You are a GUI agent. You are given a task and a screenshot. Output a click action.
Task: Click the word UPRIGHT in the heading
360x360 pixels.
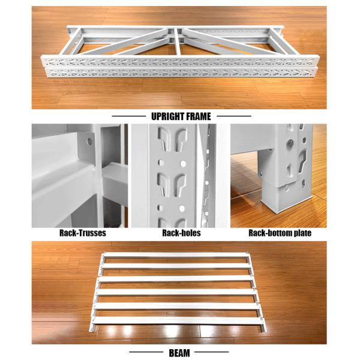coord(165,116)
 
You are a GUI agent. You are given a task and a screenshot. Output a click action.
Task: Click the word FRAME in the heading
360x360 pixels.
coord(197,116)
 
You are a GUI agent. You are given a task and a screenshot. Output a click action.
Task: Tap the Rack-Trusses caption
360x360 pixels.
coord(80,233)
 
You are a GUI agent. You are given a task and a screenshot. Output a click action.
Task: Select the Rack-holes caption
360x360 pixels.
coord(180,233)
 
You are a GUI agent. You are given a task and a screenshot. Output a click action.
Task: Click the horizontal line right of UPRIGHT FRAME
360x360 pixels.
coord(233,116)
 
